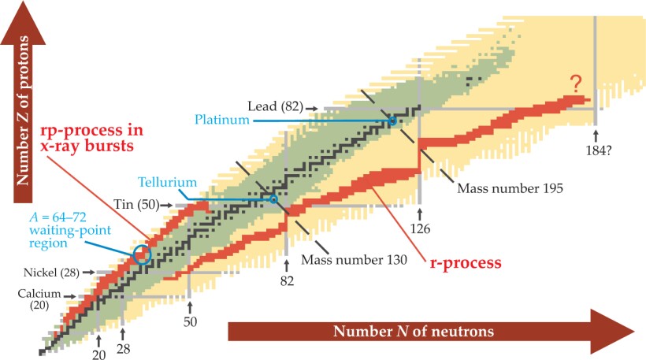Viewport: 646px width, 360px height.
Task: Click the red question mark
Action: click(x=577, y=82)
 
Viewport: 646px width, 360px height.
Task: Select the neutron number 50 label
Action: click(x=190, y=322)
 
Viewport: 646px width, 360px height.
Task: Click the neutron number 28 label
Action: click(x=124, y=349)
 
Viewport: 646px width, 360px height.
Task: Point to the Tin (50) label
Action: click(x=138, y=205)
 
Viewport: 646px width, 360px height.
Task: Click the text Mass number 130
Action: click(x=358, y=259)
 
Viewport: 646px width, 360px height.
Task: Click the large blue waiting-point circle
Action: click(x=142, y=254)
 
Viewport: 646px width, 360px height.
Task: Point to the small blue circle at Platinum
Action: click(x=392, y=121)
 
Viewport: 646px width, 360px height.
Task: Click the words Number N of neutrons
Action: click(x=414, y=331)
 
